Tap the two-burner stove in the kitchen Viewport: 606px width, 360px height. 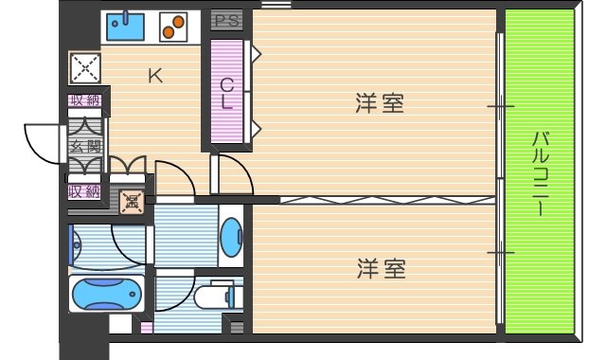point(171,27)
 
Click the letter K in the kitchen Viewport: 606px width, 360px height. point(154,77)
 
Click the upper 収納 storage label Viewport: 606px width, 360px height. point(83,100)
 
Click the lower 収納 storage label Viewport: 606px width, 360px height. point(83,190)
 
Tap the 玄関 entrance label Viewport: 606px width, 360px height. point(84,146)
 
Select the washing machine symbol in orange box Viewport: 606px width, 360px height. point(131,200)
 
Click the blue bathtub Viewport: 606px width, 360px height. point(106,295)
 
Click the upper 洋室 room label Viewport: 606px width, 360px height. point(381,103)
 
